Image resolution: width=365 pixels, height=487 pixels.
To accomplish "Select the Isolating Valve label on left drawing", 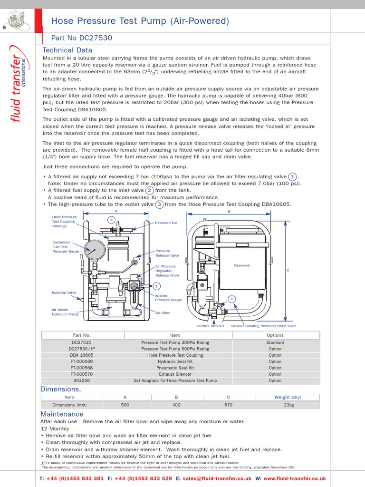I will point(64,292).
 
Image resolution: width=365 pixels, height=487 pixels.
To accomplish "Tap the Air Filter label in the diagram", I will point(163,313).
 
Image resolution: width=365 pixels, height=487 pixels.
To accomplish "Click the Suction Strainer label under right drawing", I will point(210,326).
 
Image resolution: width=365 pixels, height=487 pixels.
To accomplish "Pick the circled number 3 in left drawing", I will point(111,220).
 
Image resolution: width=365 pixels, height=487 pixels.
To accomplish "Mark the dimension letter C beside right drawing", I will point(288,270).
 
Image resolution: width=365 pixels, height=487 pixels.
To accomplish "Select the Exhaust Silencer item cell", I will point(175,374).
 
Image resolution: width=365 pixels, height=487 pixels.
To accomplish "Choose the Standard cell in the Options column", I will point(275,342).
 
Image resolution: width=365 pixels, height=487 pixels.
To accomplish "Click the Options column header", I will point(275,335).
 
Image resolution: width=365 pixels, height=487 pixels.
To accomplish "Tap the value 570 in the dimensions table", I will point(228,405).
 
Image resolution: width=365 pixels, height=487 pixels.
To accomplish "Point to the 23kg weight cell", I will point(288,405).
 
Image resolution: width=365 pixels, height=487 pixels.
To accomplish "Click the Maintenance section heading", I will point(62,414).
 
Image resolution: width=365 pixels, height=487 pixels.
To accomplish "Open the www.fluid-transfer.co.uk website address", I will point(295,478).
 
